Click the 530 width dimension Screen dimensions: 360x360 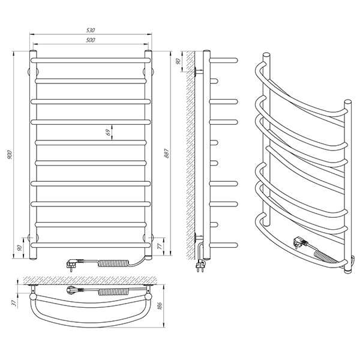(91, 30)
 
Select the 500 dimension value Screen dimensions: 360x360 (91, 40)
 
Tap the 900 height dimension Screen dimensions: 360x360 (9, 155)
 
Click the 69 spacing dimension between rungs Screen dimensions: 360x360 (109, 132)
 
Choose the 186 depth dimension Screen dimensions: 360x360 (160, 306)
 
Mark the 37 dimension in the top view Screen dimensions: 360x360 (14, 303)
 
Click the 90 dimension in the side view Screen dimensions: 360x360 (178, 62)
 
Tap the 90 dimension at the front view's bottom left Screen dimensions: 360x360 (19, 248)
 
